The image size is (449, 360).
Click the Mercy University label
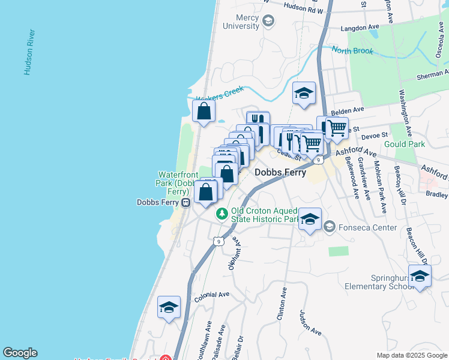click(x=240, y=22)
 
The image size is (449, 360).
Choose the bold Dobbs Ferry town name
click(x=280, y=172)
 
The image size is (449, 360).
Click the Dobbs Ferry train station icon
click(x=185, y=203)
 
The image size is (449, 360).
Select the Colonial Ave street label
click(x=212, y=295)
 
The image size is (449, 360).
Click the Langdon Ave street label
click(x=361, y=28)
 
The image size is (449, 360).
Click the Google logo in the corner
click(x=20, y=353)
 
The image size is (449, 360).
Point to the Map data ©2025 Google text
click(x=411, y=355)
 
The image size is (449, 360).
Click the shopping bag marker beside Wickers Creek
click(x=204, y=111)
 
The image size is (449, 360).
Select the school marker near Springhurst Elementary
click(x=420, y=276)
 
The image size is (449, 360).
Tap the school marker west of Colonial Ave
click(x=169, y=307)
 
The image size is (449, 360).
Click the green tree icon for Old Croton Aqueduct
click(x=222, y=213)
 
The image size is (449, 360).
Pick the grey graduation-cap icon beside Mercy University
click(x=268, y=22)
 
